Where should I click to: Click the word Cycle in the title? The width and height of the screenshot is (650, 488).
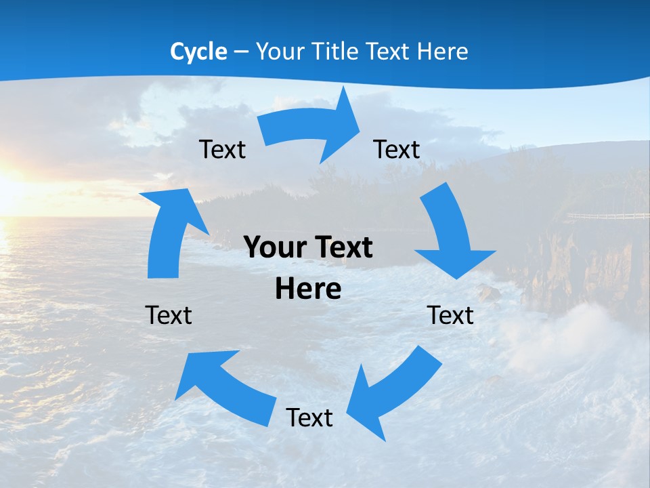point(198,52)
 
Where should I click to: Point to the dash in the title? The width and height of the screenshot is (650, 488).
point(241,52)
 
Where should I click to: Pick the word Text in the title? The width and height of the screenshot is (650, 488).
point(389,52)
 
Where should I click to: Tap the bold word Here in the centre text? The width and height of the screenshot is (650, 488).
point(308,289)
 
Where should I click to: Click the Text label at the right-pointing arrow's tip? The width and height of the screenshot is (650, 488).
point(397,149)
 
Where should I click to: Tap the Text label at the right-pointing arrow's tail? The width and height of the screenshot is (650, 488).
point(223,149)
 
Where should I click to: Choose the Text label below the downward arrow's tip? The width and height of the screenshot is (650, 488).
point(450,315)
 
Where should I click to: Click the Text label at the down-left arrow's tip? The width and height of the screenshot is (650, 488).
point(309,418)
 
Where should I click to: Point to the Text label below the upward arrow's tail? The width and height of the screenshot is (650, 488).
point(169,315)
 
